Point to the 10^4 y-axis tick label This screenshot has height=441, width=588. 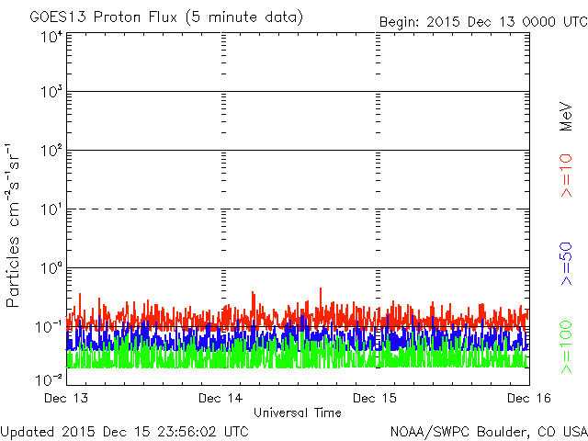[51, 38]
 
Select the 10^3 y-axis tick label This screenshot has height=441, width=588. [51, 93]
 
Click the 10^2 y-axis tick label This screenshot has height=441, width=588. [51, 151]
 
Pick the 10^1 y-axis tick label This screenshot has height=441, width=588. [51, 209]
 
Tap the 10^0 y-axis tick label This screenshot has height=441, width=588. [51, 269]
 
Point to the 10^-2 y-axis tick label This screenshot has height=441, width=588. [50, 379]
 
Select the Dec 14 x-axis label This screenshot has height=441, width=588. [220, 398]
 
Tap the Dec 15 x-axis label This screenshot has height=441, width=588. [377, 398]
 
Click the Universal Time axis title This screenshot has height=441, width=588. [298, 413]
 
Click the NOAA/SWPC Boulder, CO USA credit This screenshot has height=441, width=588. [488, 431]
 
